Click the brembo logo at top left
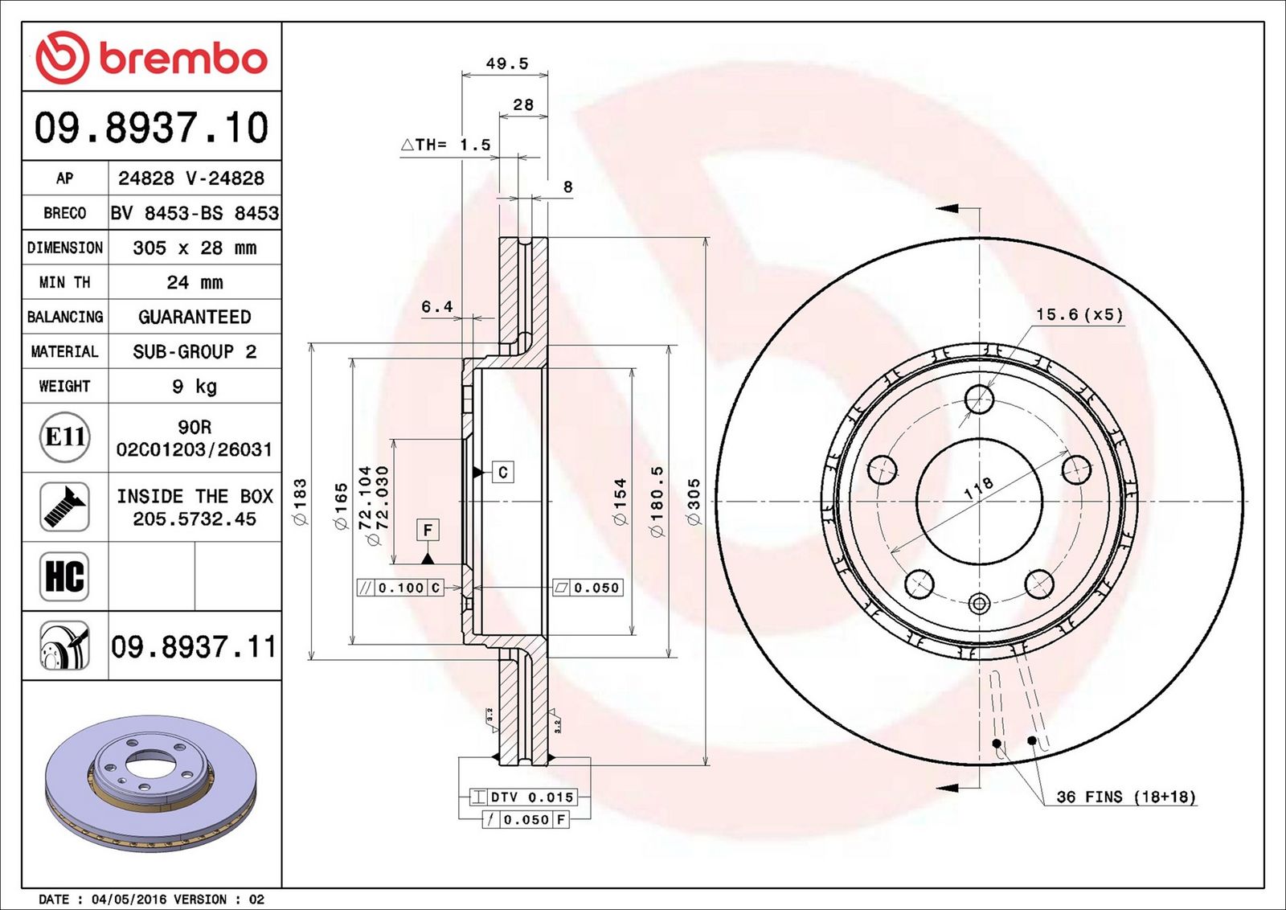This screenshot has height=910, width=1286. [x=151, y=57]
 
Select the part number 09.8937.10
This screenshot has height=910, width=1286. [x=151, y=128]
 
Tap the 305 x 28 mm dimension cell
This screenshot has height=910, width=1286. [x=195, y=248]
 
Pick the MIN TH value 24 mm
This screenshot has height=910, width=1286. [x=195, y=282]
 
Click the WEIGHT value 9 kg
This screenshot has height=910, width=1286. [x=195, y=387]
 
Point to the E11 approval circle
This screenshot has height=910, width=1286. [x=65, y=437]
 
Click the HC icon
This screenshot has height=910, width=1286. [x=64, y=576]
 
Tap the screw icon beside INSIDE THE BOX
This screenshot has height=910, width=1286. [x=64, y=507]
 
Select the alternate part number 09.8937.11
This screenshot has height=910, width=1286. [x=194, y=647]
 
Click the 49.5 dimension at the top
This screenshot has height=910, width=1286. [x=507, y=64]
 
